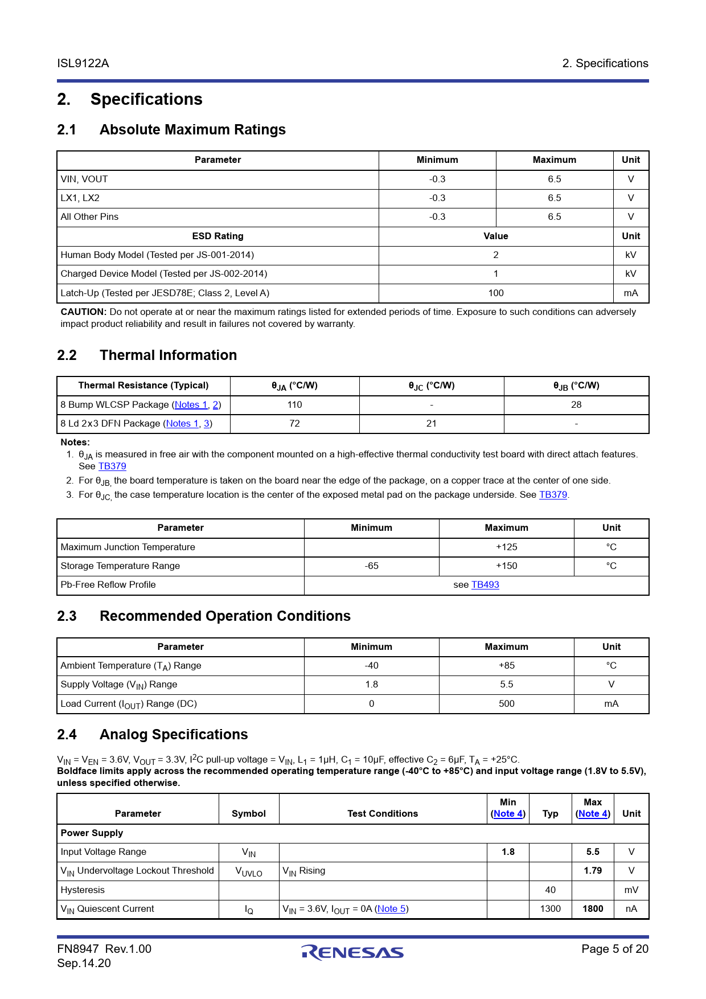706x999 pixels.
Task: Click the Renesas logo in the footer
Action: pos(352,952)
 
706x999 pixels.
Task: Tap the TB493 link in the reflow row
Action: pos(485,585)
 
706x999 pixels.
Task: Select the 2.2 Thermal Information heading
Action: pos(147,355)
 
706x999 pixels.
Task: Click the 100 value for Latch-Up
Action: pos(496,293)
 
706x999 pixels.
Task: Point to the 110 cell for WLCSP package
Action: pos(294,405)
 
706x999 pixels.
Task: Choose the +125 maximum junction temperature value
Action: pos(506,547)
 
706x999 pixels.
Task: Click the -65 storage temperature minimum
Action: pos(371,566)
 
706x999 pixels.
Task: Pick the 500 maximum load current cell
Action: pos(506,704)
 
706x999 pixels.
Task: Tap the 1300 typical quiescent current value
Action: pos(550,909)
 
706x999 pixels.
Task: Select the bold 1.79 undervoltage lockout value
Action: pos(593,871)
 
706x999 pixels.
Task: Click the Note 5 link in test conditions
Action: pos(391,909)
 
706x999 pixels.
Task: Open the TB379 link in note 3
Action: pos(553,495)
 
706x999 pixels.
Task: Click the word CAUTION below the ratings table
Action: pos(83,312)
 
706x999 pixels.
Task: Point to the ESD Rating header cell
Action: pos(217,236)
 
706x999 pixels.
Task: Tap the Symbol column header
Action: pos(249,814)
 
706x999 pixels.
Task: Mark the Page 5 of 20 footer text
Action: pos(615,949)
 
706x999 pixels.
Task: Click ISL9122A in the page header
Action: pos(83,63)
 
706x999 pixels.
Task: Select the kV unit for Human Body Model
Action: pos(631,255)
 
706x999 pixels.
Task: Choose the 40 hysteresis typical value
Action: pos(550,890)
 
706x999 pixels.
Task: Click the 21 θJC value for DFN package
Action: pos(432,424)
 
